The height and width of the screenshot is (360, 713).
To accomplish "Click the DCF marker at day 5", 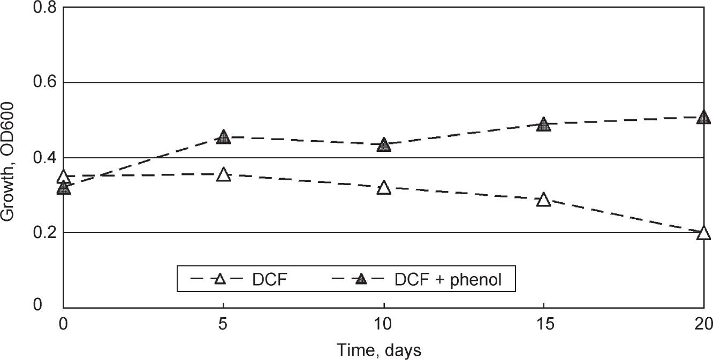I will (x=224, y=175).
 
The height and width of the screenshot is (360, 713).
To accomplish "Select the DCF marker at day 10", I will (x=383, y=188).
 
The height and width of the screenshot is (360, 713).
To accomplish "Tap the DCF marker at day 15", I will (x=543, y=200).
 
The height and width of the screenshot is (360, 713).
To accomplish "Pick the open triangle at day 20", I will (x=703, y=234).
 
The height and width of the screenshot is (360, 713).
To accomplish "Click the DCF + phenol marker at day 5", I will (x=224, y=137).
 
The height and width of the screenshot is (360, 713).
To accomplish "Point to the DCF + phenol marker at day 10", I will (x=383, y=145).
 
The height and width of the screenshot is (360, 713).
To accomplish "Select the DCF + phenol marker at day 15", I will (x=543, y=125).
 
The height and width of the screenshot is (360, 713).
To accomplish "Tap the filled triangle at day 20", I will (x=703, y=117).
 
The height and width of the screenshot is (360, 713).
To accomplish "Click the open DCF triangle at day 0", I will (x=64, y=177).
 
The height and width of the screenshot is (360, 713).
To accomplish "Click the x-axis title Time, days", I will (x=379, y=350).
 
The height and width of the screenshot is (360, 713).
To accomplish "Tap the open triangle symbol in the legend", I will (x=218, y=279).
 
